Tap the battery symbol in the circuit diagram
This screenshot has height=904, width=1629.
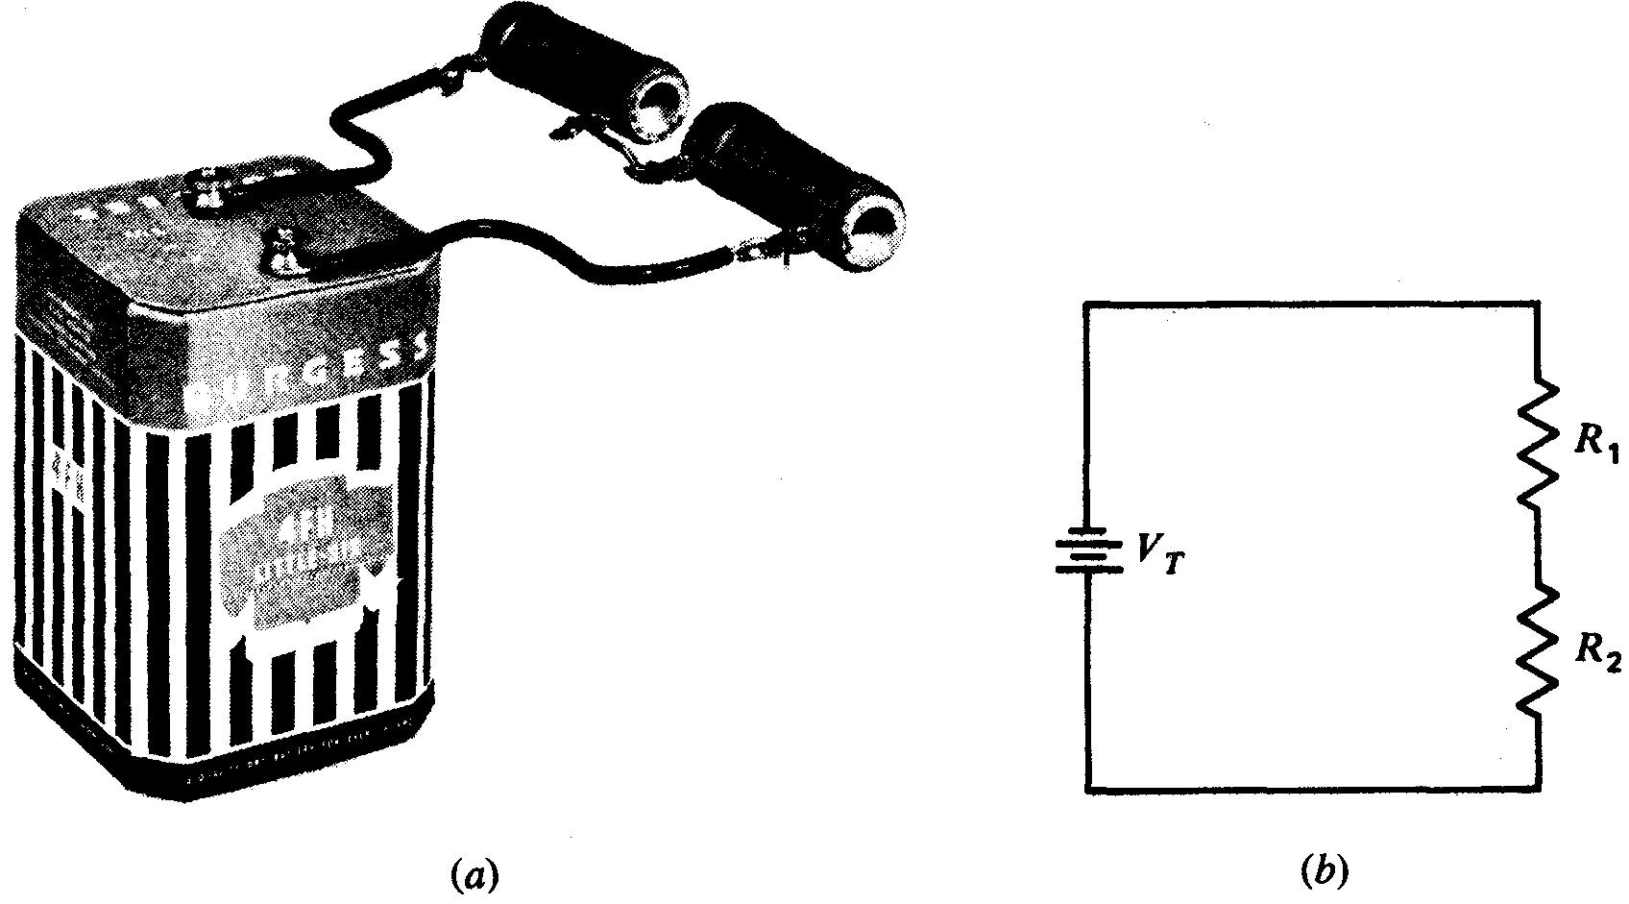pos(1088,554)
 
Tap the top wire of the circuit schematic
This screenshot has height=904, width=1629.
pos(1312,304)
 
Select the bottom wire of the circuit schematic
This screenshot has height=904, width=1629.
pos(1312,792)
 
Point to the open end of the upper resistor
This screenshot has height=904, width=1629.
pos(661,103)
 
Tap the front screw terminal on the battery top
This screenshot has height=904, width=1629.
pos(286,252)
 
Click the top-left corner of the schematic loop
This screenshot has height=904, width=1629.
pos(1087,304)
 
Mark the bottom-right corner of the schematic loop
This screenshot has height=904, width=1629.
pos(1540,792)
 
